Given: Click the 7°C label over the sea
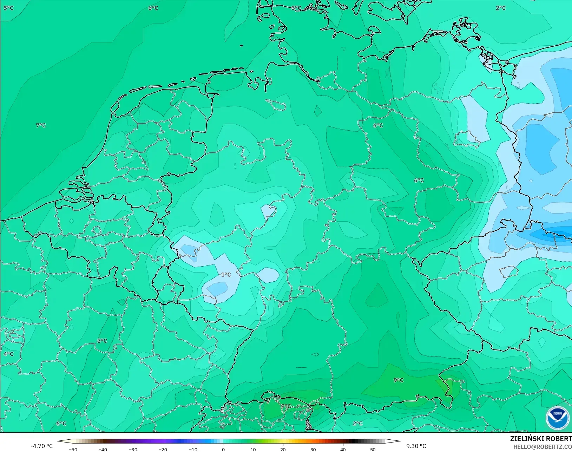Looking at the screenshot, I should (41, 125).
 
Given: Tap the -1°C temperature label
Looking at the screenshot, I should (225, 275).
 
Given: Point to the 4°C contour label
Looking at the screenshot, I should (8, 354).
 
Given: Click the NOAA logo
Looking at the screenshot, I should (558, 417).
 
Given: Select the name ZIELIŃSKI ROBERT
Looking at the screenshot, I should (541, 439).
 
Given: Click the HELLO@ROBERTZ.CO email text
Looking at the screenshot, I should (543, 447).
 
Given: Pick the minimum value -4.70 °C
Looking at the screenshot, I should (41, 446).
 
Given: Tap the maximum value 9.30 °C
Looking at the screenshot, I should (416, 446).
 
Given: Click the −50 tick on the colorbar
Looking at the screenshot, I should (73, 449).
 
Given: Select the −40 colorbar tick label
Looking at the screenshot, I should (103, 449).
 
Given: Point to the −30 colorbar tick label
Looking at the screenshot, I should (133, 449).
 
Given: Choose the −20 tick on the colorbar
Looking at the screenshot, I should (163, 449).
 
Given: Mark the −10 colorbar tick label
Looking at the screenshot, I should (193, 449).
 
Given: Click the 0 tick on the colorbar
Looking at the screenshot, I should (223, 449).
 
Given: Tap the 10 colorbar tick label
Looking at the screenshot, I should (253, 449).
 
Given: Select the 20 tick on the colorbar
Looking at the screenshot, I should (283, 449).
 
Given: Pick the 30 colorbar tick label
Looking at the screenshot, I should (313, 449).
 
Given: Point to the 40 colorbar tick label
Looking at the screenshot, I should (343, 449).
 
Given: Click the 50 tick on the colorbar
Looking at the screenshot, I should (373, 449).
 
